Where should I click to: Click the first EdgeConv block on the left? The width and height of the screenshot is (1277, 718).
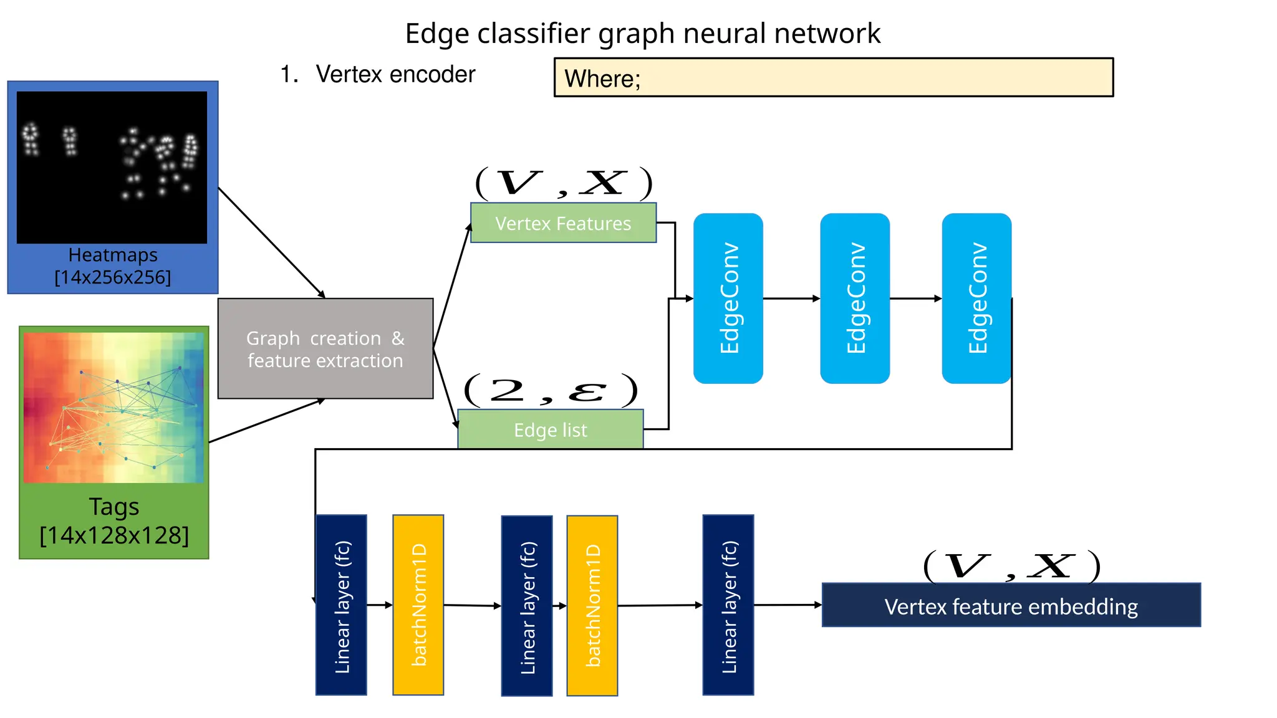[x=728, y=298]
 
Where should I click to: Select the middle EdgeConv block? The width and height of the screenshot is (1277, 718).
[x=854, y=298]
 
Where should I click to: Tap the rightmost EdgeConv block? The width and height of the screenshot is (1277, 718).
[x=976, y=298]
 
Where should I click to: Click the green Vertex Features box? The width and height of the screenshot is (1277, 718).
[x=563, y=223]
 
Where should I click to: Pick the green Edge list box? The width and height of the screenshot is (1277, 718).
[x=550, y=429]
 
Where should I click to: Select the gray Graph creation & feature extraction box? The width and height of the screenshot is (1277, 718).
[x=325, y=348]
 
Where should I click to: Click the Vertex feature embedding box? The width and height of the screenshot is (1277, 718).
[x=1011, y=605]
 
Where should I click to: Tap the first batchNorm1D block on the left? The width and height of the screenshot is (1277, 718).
[x=418, y=605]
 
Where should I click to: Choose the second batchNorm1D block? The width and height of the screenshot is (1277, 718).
[x=592, y=605]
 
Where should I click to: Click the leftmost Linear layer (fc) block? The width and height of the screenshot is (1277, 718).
[x=341, y=605]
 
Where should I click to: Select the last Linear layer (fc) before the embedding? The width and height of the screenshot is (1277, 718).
[x=728, y=605]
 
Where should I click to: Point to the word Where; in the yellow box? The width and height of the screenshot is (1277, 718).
[x=602, y=79]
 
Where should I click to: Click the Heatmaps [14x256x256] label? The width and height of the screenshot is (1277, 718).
[x=113, y=266]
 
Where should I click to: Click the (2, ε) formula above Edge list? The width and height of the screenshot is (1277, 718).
[x=551, y=390]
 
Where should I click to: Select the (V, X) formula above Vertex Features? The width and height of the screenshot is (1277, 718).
[x=563, y=183]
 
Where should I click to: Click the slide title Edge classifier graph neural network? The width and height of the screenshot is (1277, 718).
[x=642, y=33]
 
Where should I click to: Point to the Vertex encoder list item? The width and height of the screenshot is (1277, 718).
[x=395, y=74]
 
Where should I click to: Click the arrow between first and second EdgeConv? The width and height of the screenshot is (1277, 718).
[x=791, y=299]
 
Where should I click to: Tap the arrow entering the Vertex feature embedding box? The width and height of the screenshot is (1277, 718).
[x=788, y=605]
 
